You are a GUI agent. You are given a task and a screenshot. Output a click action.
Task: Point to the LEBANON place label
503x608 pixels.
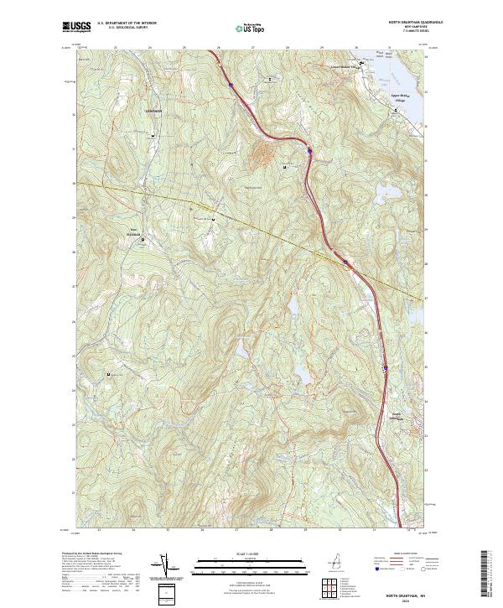coord(152,112)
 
